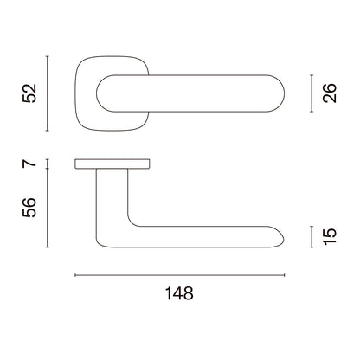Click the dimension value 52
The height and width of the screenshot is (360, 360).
pos(29,93)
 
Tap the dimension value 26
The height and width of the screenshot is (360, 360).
pos(330,93)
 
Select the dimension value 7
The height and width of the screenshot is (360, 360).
pos(29,164)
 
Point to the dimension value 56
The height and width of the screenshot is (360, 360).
pos(29,208)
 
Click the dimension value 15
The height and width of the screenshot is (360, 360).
pos(330,237)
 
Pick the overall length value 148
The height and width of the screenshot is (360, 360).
pos(179,293)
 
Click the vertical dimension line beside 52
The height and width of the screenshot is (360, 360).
pos(48,93)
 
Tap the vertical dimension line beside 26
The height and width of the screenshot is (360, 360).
pos(312,93)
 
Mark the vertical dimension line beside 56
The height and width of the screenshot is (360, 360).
pos(48,208)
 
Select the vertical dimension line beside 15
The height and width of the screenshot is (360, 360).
pos(312,237)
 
